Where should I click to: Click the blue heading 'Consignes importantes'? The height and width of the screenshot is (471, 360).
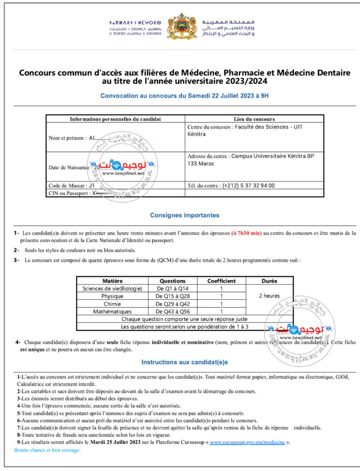pos(184,215)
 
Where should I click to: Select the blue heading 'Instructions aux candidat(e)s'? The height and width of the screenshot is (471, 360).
pos(184,362)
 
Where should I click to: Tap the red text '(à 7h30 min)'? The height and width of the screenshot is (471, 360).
pos(247,233)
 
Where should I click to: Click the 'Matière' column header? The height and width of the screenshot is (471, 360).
pos(112,281)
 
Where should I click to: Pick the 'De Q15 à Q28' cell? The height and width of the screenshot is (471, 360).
pos(172,296)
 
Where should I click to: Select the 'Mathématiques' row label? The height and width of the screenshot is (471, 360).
pos(112,312)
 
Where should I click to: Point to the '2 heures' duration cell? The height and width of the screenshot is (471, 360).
pos(269,296)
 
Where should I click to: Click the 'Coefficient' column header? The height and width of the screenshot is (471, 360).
pos(221,281)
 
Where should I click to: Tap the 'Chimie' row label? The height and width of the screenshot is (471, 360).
pos(112,304)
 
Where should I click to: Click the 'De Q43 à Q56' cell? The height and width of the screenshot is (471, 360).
pos(172,312)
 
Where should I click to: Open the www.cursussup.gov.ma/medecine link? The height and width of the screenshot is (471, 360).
pos(247,443)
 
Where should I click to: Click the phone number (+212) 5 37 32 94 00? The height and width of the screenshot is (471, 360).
pos(248,185)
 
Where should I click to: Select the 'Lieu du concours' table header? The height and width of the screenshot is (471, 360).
pos(254,119)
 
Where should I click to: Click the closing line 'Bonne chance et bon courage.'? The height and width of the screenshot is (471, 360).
pos(48,450)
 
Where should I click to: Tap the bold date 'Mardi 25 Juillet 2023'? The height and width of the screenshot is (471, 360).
pos(116,443)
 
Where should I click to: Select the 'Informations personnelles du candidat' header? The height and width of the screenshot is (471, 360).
pos(115,119)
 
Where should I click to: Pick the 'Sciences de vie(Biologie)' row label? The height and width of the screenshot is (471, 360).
pos(112,289)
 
